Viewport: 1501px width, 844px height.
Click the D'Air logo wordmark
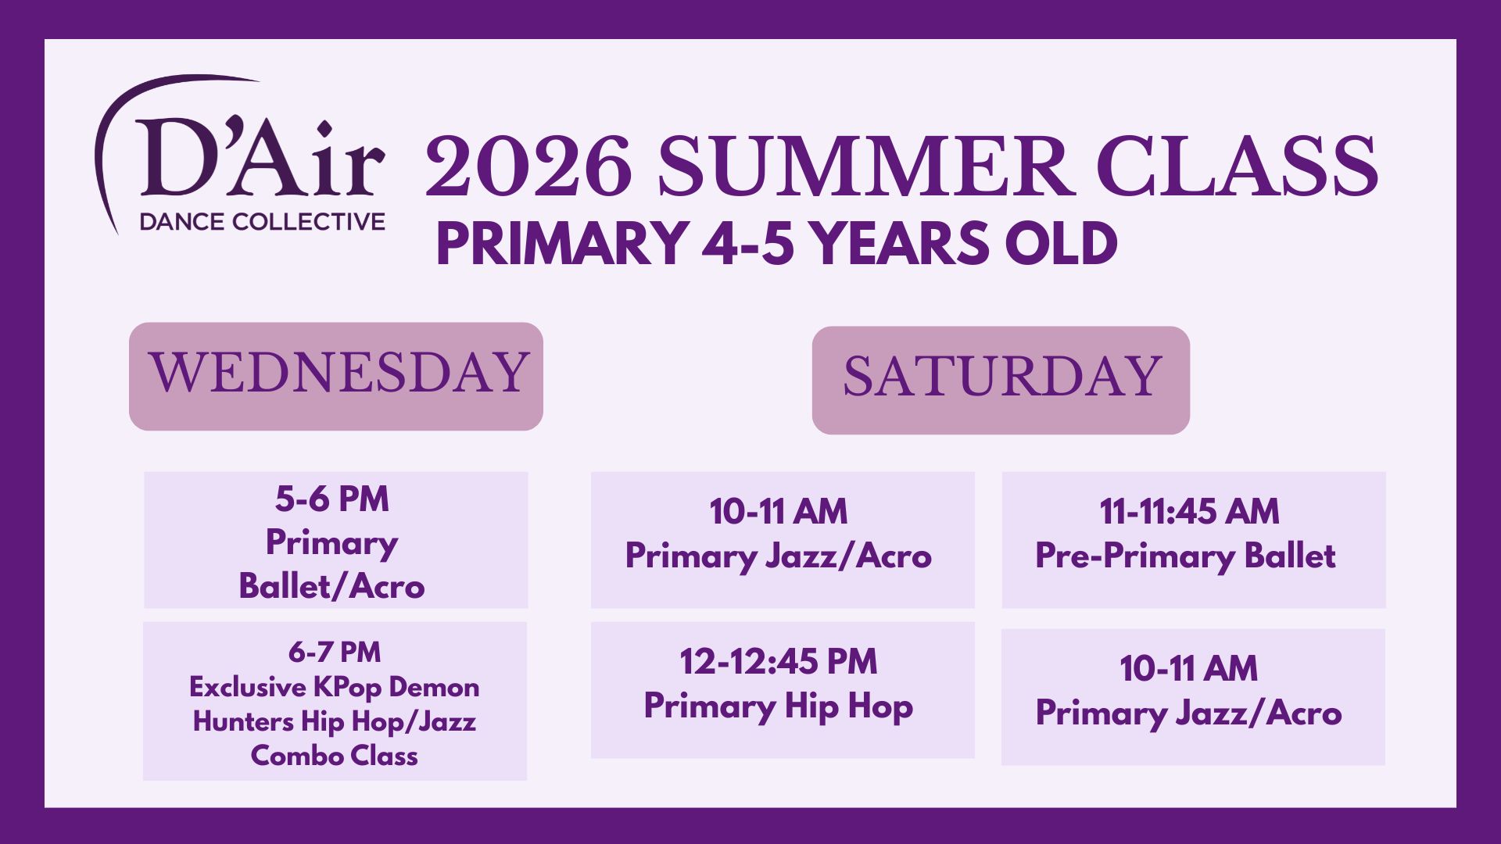pos(260,158)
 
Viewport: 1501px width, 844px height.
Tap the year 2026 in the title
pos(528,166)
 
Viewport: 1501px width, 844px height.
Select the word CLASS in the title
pos(1238,166)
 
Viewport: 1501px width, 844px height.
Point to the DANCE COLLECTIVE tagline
pos(262,222)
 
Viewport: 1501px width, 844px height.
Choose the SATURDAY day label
pos(1002,377)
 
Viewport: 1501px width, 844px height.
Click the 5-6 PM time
pos(332,499)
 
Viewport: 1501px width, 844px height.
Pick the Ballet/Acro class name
pos(332,586)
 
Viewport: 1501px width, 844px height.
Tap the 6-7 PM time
pos(335,652)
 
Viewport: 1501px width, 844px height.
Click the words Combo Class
pos(335,756)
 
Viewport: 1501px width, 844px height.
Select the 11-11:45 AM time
pos(1190,512)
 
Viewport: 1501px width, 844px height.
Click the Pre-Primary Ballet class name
pos(1186,556)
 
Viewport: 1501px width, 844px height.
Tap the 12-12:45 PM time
pos(779,662)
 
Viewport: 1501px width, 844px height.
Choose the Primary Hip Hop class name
pos(779,706)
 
